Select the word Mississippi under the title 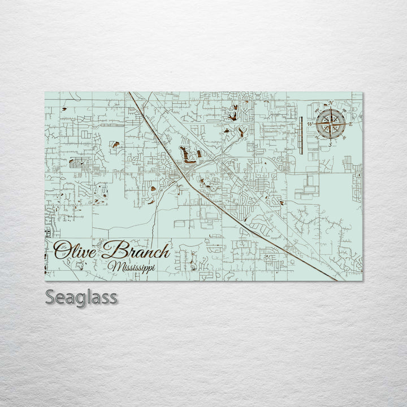(x=133, y=266)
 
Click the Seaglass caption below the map (x=81, y=297)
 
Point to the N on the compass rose (x=331, y=103)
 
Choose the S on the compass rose (x=330, y=145)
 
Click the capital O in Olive (x=61, y=249)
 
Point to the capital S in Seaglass (x=51, y=297)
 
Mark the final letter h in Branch (x=163, y=250)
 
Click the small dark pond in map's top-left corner (x=64, y=109)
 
